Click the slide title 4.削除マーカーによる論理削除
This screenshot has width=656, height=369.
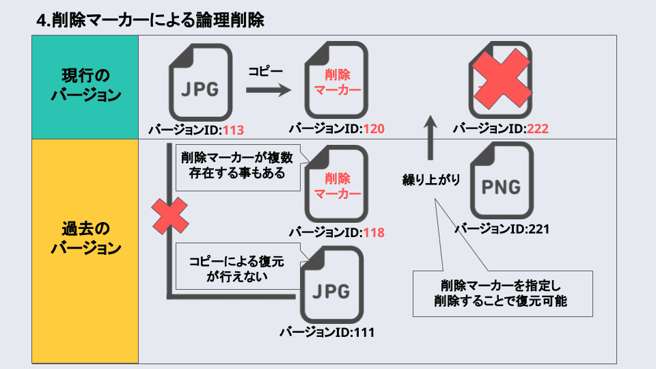click(x=150, y=20)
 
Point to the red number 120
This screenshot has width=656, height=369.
click(x=374, y=129)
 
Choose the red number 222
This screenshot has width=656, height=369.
click(x=538, y=128)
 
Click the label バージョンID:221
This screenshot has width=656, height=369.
click(x=502, y=229)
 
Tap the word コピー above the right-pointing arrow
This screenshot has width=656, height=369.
click(x=265, y=70)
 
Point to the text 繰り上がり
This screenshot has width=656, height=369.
click(x=430, y=180)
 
